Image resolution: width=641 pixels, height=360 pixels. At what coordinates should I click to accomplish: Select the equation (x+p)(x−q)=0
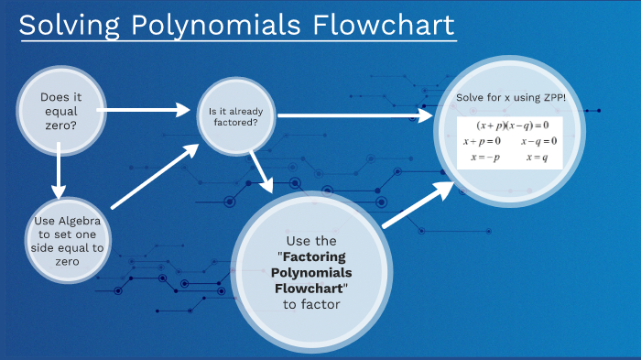point(512,125)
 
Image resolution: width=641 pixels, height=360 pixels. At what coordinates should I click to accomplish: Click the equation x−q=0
point(539,141)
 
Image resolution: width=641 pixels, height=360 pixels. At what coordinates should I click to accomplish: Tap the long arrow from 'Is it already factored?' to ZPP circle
point(353,115)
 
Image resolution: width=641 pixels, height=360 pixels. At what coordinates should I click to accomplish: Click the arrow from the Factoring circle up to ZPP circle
point(417,203)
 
